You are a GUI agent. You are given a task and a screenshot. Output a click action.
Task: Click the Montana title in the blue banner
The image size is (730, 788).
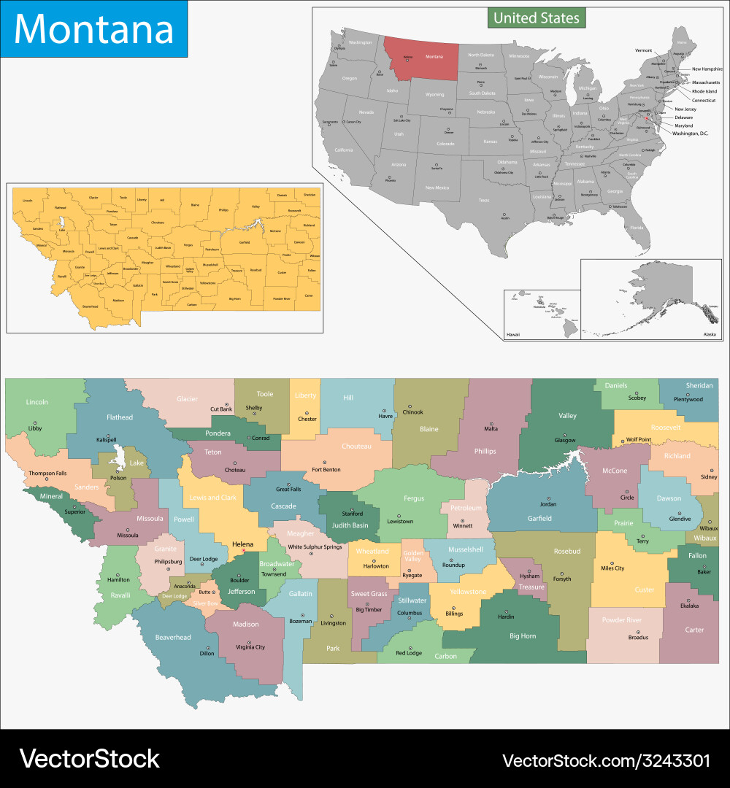coord(93,28)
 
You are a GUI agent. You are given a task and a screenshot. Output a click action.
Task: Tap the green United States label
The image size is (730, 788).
coord(537,18)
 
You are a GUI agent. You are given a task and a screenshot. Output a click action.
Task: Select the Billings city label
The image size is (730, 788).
coord(453,614)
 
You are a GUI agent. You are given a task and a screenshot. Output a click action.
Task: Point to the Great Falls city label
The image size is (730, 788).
coord(288,489)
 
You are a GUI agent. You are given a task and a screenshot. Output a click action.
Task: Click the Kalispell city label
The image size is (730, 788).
coord(106,441)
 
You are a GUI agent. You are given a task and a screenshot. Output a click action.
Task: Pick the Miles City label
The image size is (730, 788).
coord(612,568)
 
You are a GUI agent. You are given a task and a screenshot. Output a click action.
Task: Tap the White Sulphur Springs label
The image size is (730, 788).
coord(315,546)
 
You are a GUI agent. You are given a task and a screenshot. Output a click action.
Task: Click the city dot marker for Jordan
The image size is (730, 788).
coord(547,495)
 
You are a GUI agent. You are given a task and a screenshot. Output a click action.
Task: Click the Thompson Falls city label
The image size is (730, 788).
coord(47,473)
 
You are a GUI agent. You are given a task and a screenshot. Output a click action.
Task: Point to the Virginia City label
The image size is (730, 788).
coord(250,647)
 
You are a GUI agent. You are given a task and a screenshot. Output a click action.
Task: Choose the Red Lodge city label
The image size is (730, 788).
coord(409,652)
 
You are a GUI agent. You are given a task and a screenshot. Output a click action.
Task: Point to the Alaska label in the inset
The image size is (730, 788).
coord(709,333)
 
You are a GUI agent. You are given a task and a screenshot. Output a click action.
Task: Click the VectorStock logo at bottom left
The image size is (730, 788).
coord(89,759)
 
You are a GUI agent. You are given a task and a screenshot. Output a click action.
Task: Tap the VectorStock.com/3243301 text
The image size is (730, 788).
coord(606,760)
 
